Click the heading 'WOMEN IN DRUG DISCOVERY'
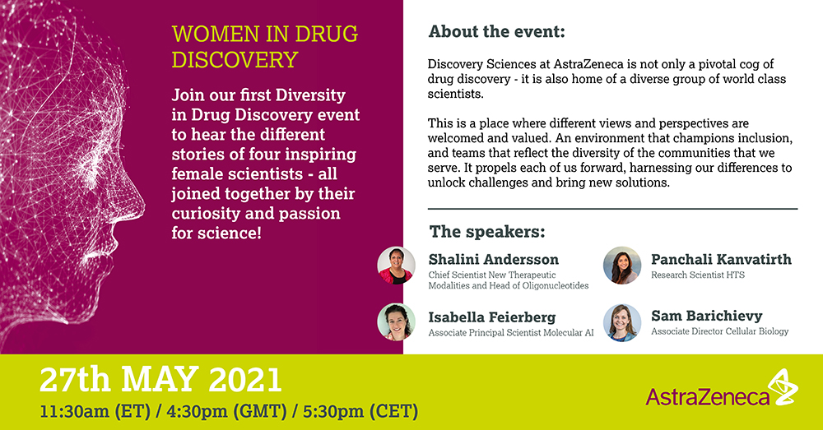265,47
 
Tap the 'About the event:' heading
496,31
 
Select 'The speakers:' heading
487,231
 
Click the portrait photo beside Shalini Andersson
397,266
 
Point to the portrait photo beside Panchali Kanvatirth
622,266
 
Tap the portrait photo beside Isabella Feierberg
397,322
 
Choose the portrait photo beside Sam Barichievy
622,322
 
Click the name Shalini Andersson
493,259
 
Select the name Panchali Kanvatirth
721,259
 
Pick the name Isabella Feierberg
492,317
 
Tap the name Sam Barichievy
706,316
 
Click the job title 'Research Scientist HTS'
698,275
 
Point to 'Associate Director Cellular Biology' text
719,331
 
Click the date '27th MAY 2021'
160,380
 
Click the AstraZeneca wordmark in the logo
707,397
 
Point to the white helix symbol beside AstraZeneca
782,386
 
